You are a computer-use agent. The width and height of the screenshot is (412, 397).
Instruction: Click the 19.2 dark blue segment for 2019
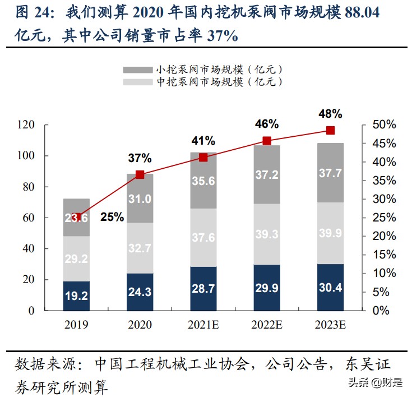click(x=76, y=295)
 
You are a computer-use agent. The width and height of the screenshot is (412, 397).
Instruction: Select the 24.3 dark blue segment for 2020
click(x=140, y=292)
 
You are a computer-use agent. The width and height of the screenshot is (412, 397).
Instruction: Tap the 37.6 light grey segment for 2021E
click(x=203, y=238)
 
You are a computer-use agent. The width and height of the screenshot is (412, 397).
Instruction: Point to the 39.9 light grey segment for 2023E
click(x=330, y=233)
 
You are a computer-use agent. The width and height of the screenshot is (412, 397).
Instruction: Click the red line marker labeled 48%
click(x=330, y=131)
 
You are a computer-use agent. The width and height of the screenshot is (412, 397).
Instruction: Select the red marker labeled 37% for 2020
click(x=140, y=174)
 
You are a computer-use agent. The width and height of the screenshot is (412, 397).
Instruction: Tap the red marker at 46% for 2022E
click(x=267, y=141)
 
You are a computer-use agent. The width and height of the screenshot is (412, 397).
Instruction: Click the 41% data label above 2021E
click(x=203, y=140)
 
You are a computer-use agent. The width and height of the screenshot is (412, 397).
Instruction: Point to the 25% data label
click(x=112, y=217)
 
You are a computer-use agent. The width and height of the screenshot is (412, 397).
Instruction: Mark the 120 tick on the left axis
click(x=41, y=124)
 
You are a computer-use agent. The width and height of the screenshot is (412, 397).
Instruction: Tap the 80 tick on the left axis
click(x=44, y=187)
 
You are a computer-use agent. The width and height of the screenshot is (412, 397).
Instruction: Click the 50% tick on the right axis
click(x=387, y=124)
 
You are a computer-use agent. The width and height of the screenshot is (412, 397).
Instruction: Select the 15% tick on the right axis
click(x=387, y=255)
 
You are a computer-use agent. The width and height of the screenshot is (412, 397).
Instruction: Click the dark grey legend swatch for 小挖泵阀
click(x=138, y=70)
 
